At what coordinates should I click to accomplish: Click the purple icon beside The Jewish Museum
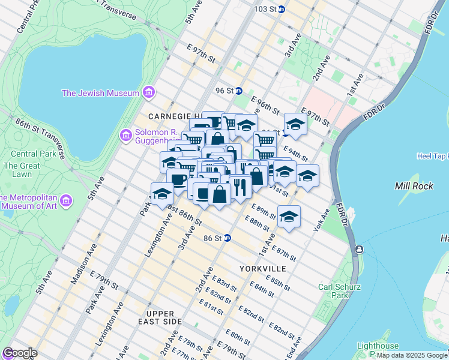point(149,93)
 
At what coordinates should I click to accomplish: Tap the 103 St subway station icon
point(282,9)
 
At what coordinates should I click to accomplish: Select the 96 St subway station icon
point(238,91)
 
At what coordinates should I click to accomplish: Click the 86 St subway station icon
point(227,238)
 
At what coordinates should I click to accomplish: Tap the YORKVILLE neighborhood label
point(262,268)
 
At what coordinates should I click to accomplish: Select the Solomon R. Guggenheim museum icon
point(126,135)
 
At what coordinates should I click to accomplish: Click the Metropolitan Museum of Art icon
point(67,199)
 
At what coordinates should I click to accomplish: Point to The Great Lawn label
point(17,170)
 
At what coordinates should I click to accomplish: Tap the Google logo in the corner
point(19,353)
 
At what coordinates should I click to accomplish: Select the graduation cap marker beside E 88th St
point(289,217)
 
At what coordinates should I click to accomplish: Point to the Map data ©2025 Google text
point(412,355)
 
